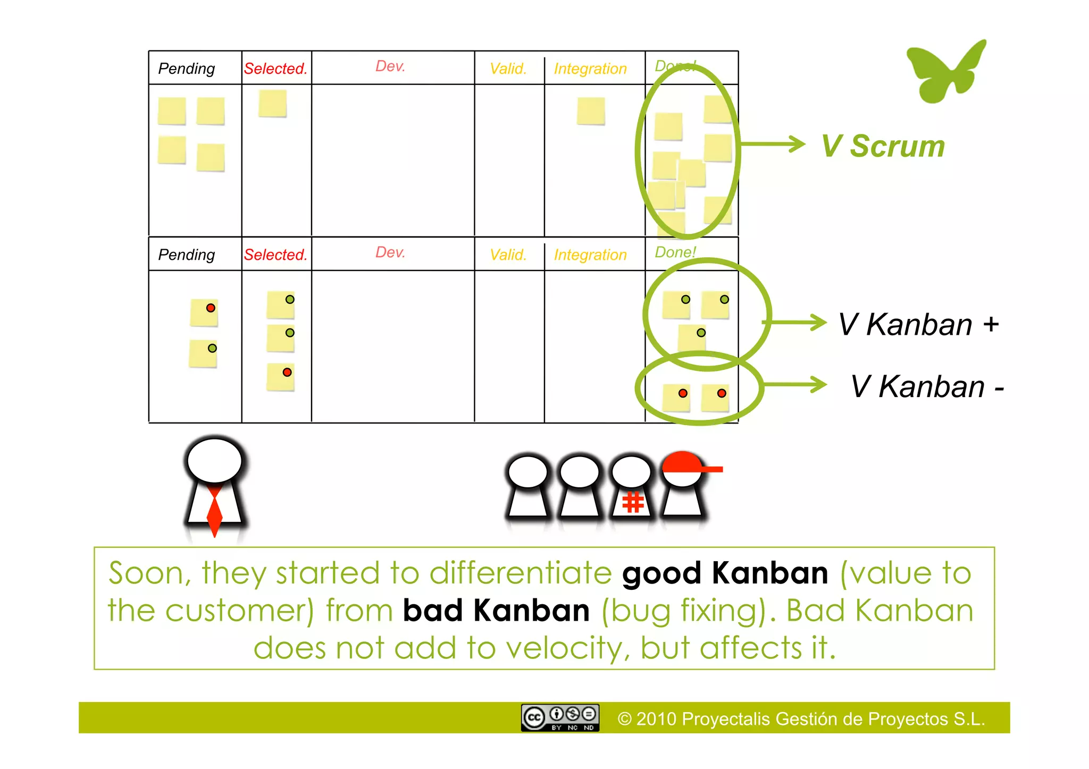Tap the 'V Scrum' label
point(883,146)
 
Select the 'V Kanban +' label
point(918,324)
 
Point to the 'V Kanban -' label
point(927,386)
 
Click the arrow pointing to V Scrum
point(774,144)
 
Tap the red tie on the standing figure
point(214,511)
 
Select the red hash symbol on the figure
point(633,502)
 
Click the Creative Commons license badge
point(560,718)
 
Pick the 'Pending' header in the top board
point(187,69)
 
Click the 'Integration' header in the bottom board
point(590,255)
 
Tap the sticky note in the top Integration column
point(591,111)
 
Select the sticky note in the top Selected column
point(273,103)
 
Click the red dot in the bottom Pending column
point(211,308)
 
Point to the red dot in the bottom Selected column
point(287,372)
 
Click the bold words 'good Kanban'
point(725,573)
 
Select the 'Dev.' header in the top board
point(390,66)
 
